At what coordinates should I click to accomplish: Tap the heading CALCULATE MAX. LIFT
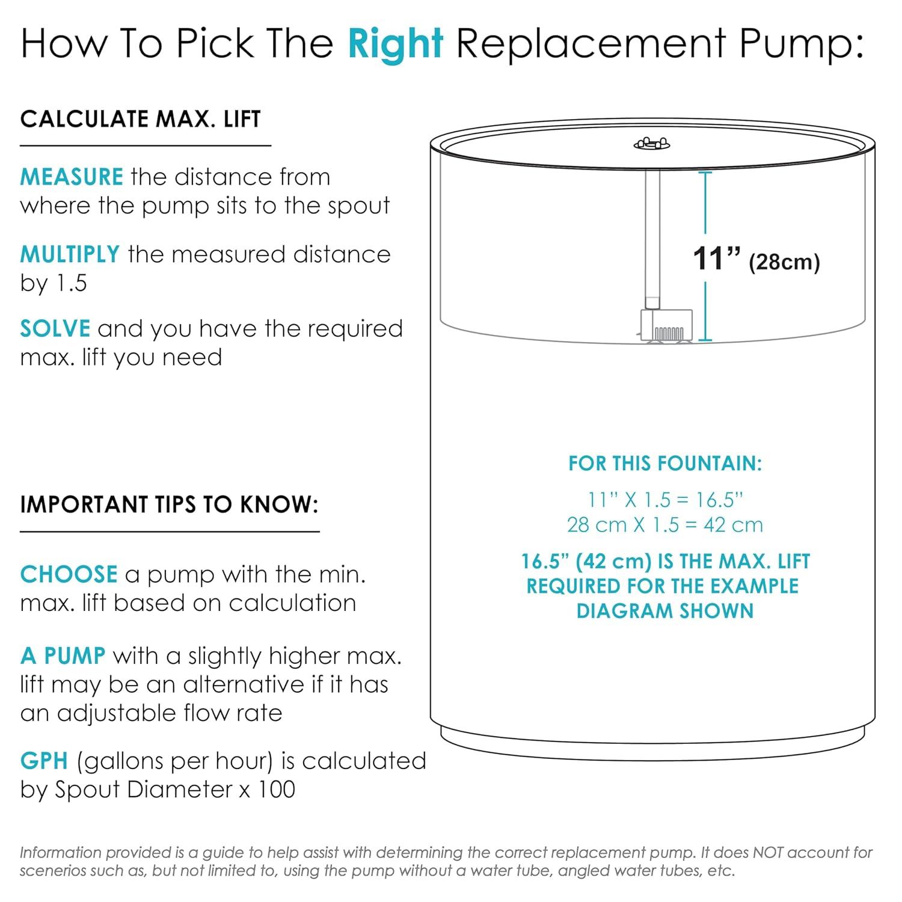point(141,119)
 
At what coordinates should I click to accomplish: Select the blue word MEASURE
point(72,177)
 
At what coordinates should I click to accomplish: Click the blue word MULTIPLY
point(70,254)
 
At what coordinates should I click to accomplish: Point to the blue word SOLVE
point(55,329)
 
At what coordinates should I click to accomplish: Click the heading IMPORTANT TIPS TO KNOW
point(169,505)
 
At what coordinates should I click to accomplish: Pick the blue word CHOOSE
point(69,575)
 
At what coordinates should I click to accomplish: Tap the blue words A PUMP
point(63,655)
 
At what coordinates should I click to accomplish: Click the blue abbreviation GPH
point(44,761)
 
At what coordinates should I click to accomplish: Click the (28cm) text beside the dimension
point(784,262)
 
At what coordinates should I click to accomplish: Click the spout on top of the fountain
point(652,144)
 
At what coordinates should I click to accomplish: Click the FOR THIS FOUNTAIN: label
point(665,464)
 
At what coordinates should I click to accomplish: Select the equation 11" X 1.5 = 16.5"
point(665,500)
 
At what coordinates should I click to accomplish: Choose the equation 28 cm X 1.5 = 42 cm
point(665,525)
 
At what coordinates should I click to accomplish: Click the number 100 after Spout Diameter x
point(277,790)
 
